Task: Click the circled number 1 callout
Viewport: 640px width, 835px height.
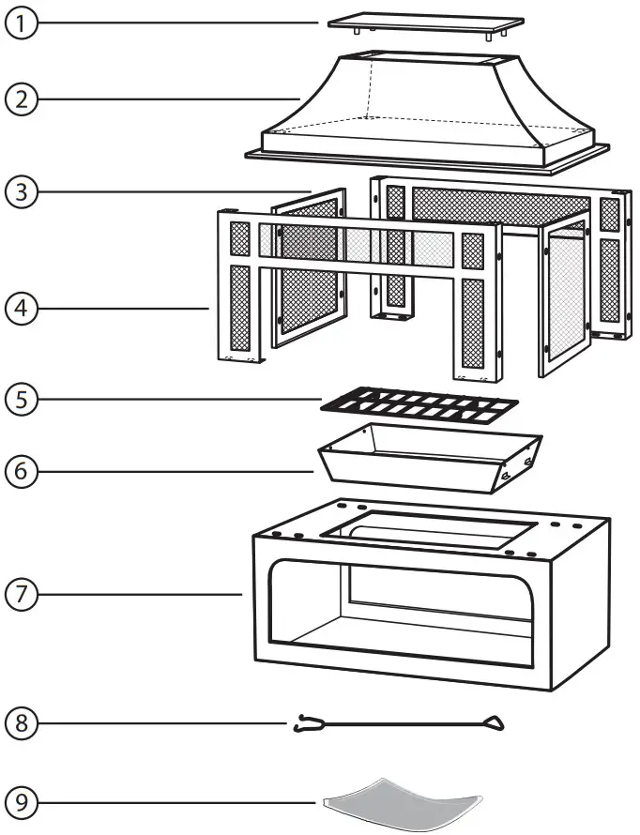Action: [21, 23]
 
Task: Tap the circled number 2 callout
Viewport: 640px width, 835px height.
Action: [21, 98]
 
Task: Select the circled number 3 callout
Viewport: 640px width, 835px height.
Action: [21, 192]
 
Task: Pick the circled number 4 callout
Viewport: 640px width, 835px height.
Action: [21, 307]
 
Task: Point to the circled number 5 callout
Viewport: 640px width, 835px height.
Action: [21, 399]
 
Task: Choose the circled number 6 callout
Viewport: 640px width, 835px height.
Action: [21, 471]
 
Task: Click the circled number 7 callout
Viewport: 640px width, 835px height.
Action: [21, 593]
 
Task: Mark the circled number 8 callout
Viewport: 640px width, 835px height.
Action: [21, 723]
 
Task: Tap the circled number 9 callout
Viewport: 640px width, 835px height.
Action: [21, 802]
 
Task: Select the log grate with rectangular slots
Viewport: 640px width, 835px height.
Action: [419, 406]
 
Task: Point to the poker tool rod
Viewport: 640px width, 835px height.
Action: [404, 723]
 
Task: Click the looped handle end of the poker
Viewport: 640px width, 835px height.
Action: [492, 723]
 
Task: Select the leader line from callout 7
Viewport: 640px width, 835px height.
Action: [141, 593]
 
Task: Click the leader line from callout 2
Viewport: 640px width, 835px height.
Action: [169, 98]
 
